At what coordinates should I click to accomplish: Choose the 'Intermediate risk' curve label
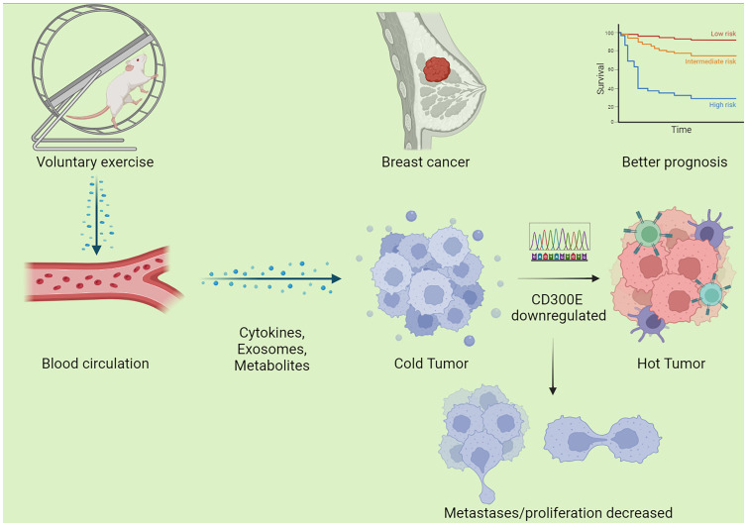point(710,61)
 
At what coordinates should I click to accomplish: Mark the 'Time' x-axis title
point(681,130)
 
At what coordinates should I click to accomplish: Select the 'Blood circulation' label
point(95,364)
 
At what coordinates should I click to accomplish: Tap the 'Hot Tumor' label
point(671,364)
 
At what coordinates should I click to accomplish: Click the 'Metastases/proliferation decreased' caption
point(558,513)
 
